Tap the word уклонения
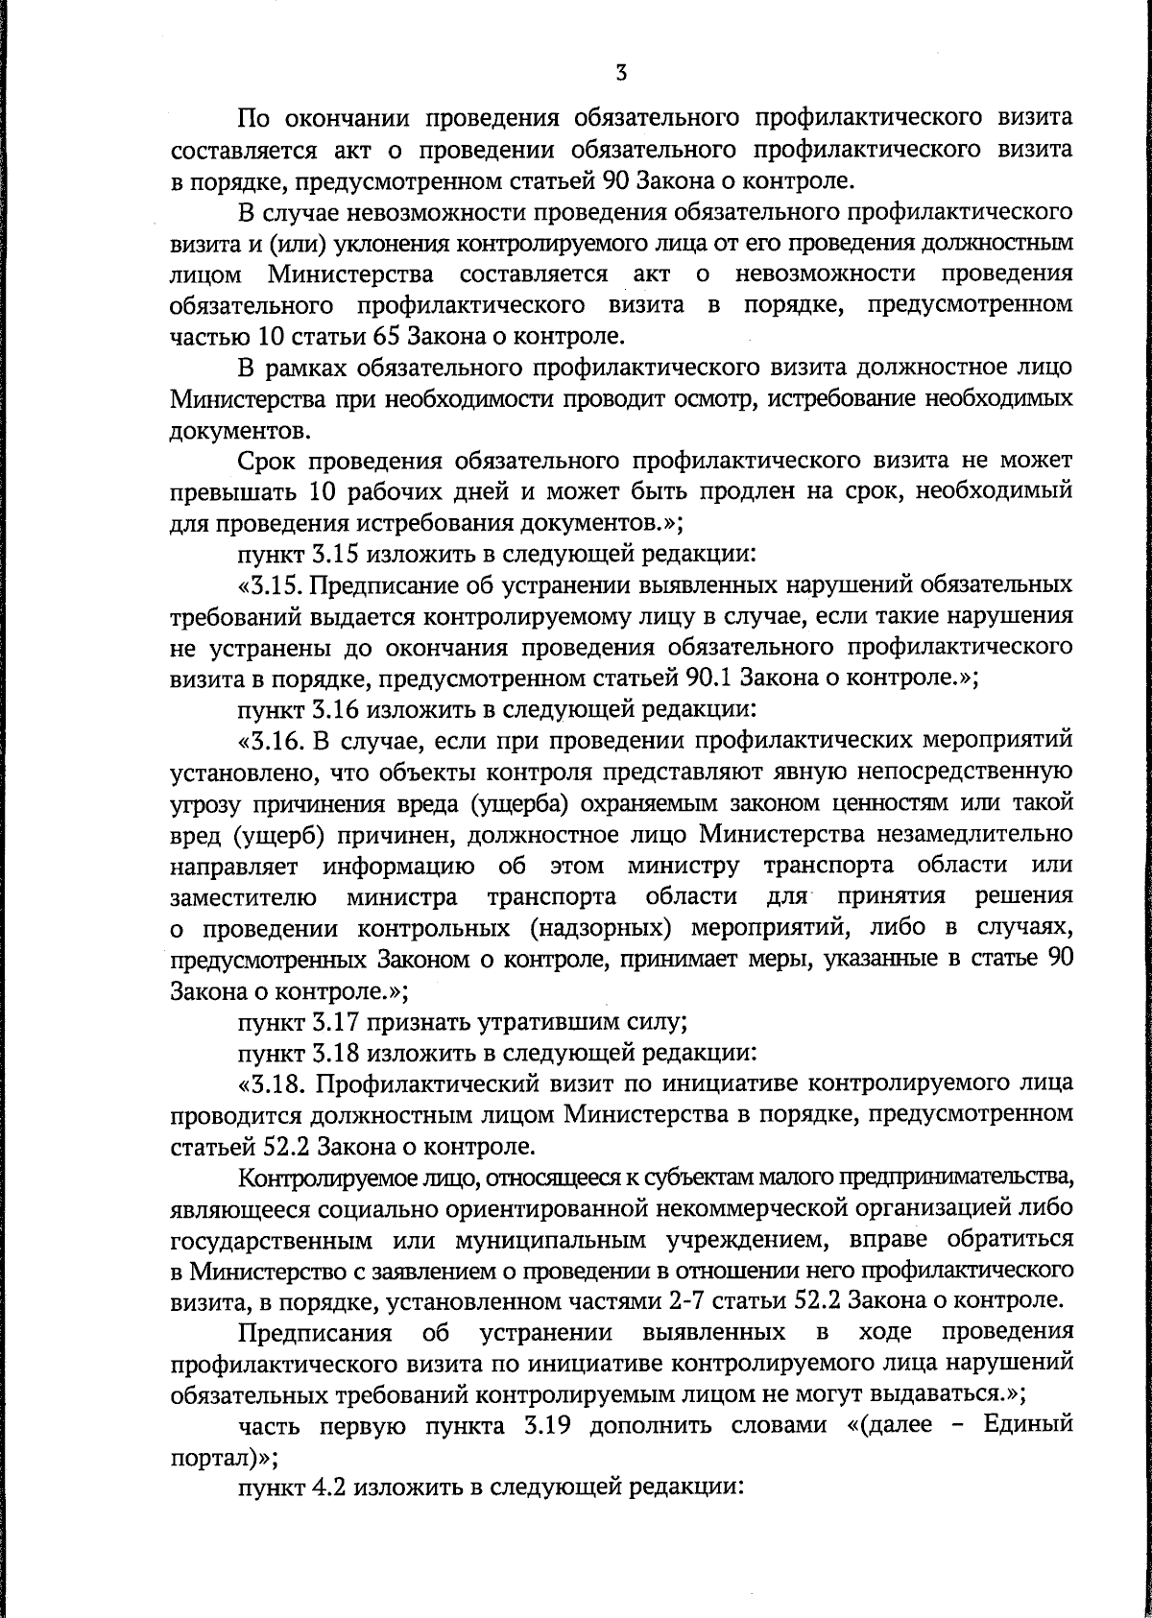tap(393, 243)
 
